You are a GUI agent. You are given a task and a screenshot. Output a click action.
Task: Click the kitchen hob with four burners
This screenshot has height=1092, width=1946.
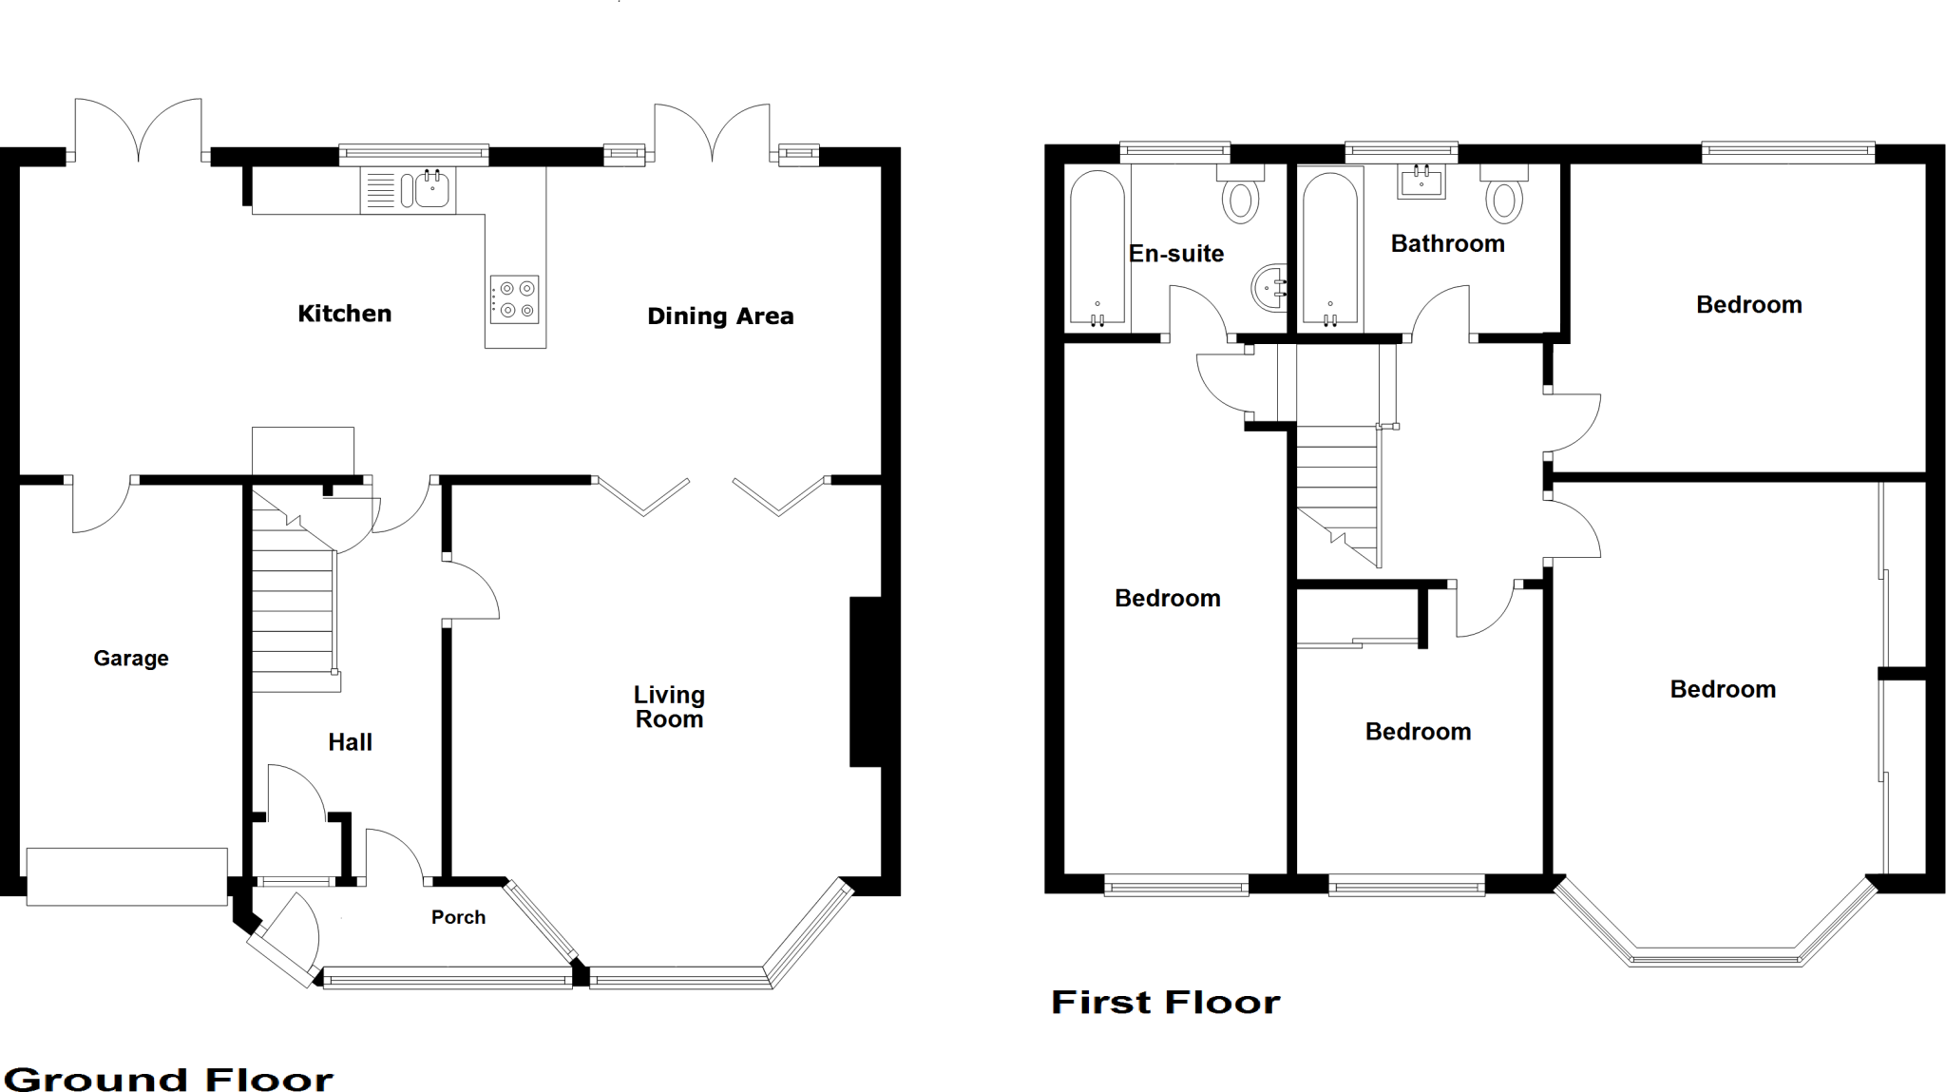(x=514, y=299)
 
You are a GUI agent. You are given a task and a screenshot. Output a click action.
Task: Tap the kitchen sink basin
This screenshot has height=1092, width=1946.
(x=431, y=189)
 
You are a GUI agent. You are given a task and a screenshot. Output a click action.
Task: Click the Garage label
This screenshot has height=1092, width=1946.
(x=131, y=659)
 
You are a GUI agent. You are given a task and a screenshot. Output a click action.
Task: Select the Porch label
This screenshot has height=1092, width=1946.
(x=458, y=917)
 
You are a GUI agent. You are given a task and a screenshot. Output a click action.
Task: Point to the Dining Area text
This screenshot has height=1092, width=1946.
(x=720, y=316)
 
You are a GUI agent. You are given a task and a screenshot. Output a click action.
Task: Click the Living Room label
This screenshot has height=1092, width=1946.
(x=669, y=707)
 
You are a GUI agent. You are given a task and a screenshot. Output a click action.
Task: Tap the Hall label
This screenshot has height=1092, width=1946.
(x=350, y=742)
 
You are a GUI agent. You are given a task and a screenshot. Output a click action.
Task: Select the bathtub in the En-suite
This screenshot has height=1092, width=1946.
(x=1097, y=247)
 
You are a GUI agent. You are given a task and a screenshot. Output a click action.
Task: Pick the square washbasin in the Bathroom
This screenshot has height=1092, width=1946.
(x=1421, y=181)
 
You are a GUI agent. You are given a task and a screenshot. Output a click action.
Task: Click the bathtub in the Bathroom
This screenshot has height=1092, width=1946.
(x=1329, y=247)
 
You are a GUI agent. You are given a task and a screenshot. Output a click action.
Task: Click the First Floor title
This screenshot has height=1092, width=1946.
(x=1165, y=1003)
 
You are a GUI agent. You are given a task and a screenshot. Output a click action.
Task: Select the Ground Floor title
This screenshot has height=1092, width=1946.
(x=169, y=1080)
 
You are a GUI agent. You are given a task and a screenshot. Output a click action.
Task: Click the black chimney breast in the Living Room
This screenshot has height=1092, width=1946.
(x=865, y=681)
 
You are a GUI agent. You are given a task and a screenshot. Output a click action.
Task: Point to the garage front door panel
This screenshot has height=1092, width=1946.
(x=126, y=876)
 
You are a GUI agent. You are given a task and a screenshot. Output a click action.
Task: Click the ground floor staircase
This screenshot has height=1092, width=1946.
(x=293, y=608)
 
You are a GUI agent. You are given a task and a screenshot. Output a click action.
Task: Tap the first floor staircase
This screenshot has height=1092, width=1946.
(x=1338, y=494)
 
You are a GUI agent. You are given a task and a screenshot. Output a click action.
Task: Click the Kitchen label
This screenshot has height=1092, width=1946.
(x=344, y=314)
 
